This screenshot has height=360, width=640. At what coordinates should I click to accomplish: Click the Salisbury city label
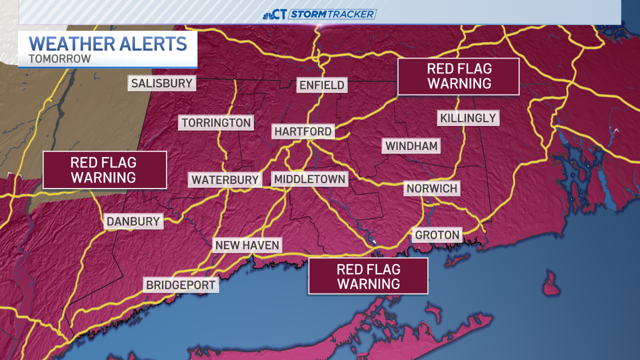pos(161,83)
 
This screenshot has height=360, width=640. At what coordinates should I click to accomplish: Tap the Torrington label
pos(216,122)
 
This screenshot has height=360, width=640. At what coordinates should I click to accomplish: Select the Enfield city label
pos(322,85)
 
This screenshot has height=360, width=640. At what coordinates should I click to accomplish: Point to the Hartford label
pos(303,131)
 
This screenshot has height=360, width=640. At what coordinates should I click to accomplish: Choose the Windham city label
pos(411,146)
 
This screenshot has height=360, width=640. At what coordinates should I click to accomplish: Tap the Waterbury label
pos(225,179)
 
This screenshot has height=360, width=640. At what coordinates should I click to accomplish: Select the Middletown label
pos(309,179)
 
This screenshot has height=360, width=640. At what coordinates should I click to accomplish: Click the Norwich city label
pos(432,188)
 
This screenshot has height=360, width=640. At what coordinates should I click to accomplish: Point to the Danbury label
pos(133,221)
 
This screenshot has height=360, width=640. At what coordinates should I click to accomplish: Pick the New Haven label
pos(247,245)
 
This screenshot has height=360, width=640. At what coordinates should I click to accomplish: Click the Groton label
pos(437,234)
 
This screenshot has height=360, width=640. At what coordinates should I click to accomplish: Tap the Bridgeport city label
pos(181,285)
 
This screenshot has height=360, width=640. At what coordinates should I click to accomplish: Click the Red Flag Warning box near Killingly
pos(458,76)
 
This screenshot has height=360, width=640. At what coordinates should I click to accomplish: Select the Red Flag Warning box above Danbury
pos(104,170)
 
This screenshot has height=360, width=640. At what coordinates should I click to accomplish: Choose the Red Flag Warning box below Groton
pos(368,276)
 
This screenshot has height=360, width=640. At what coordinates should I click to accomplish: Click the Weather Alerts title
pos(108,43)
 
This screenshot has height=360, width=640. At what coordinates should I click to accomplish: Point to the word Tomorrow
pos(59,58)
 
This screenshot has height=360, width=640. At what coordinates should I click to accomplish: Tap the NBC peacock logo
pos(268,15)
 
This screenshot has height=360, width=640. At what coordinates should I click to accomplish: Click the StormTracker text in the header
pos(333,14)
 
